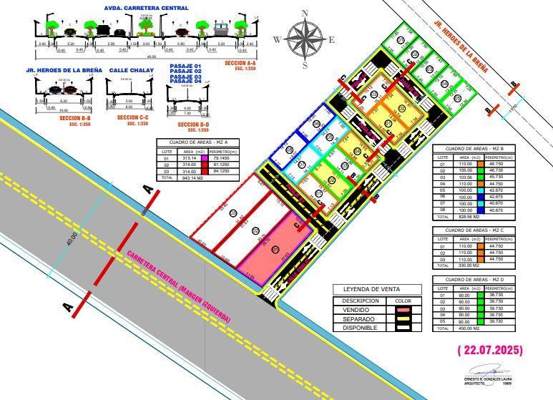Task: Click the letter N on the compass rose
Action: tap(305, 14)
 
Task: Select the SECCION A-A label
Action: tap(239, 64)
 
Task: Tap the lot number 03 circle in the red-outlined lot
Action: tap(233, 213)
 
